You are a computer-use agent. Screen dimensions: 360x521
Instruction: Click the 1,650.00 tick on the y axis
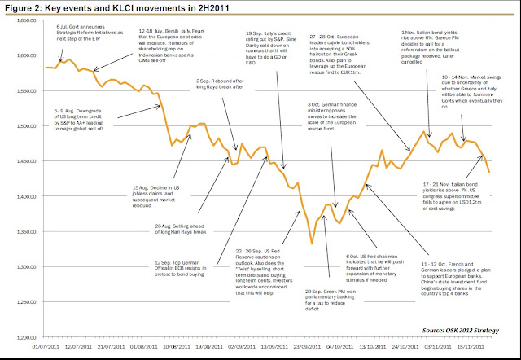(x=24, y=20)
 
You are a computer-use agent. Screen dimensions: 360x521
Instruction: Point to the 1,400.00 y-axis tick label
(x=24, y=196)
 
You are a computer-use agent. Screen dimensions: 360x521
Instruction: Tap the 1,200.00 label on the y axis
(x=24, y=336)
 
